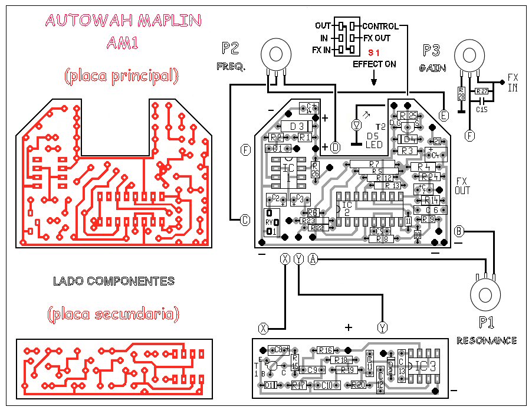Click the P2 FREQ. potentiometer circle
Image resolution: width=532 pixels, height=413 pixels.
pos(275,54)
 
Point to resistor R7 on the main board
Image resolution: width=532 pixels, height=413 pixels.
pos(373,163)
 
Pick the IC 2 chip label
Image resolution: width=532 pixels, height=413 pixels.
pos(346,208)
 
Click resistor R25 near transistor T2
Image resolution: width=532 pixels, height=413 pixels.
pos(407,116)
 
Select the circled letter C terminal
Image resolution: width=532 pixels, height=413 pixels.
pos(245,221)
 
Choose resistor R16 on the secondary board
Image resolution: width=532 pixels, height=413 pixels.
pos(326,350)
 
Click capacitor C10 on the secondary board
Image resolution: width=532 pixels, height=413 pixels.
pos(326,385)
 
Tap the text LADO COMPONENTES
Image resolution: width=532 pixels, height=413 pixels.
pos(114,281)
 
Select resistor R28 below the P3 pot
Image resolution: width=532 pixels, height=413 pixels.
pos(462,94)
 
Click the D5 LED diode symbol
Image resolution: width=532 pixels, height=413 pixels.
pos(356,125)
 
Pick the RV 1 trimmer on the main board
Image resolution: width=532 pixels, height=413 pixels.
pos(270,222)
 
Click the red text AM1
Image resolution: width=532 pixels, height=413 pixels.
pos(122,42)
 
